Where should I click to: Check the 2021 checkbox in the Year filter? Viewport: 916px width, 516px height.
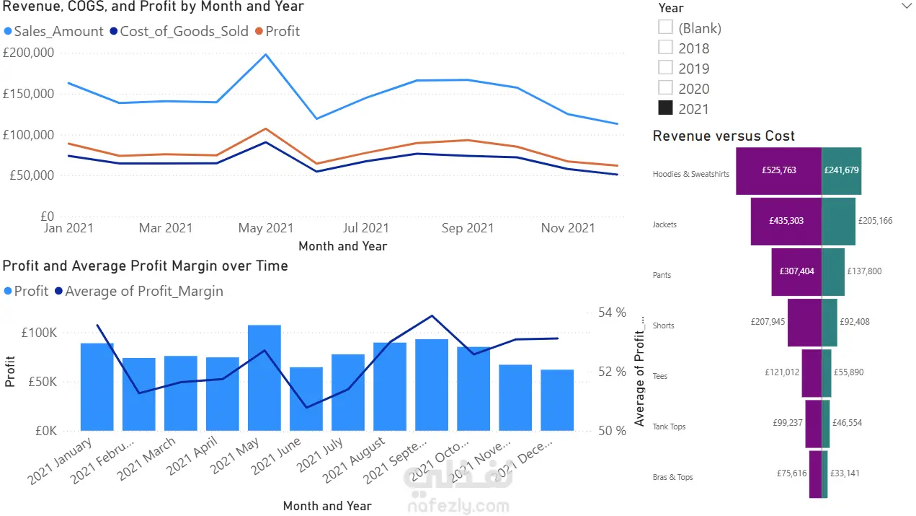[x=666, y=108]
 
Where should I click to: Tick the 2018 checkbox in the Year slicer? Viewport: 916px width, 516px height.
[x=666, y=48]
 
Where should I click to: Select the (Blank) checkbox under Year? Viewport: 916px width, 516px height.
[x=666, y=27]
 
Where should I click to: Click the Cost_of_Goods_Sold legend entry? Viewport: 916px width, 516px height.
[x=183, y=32]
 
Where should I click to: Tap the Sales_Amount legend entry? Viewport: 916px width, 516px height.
[x=58, y=32]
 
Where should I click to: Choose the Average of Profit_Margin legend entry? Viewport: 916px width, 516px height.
[x=143, y=292]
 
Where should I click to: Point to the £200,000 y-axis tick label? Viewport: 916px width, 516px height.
[x=29, y=53]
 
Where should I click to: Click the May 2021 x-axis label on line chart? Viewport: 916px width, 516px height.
[x=265, y=228]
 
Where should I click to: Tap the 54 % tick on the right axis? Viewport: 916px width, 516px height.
[x=612, y=312]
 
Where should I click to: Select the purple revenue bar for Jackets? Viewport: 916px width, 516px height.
[x=786, y=221]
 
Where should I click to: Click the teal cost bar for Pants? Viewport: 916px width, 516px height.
[x=833, y=271]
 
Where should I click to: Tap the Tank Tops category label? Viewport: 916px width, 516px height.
[x=669, y=427]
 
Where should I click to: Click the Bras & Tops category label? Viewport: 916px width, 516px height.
[x=672, y=477]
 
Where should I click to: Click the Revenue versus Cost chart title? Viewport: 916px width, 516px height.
[x=724, y=136]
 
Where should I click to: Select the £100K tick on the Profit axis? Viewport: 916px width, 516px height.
[x=40, y=333]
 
